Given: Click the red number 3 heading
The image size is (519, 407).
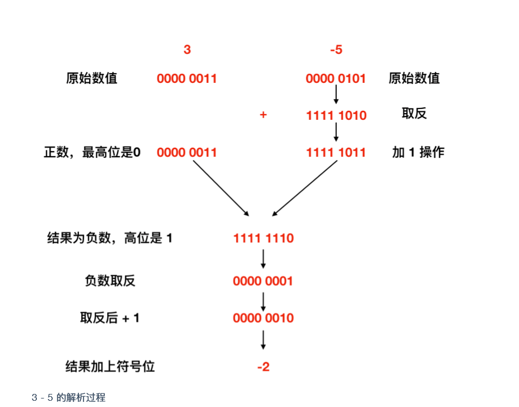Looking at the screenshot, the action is (187, 50).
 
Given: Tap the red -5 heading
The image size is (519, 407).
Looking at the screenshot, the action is (336, 50).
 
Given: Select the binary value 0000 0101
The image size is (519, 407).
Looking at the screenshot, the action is (336, 78).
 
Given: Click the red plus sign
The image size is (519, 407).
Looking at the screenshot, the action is (263, 115).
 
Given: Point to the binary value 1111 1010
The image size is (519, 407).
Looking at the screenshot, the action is (336, 116).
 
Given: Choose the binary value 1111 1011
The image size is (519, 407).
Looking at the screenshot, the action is (336, 153).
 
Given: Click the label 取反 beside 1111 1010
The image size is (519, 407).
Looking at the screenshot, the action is (414, 114).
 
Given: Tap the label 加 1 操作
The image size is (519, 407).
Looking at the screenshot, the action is (418, 152).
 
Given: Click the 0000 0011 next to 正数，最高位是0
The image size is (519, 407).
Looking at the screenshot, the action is (187, 153).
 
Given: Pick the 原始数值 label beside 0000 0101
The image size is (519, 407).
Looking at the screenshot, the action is (414, 78).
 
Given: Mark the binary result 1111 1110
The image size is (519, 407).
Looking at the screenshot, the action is (263, 238).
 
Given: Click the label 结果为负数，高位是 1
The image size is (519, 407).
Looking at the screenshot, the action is (109, 238).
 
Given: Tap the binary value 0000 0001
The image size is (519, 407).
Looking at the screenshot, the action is (263, 281).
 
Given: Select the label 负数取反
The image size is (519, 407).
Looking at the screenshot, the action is (109, 280).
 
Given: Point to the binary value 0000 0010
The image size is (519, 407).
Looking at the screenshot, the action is (263, 318).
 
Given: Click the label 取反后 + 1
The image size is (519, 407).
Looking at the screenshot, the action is (109, 318).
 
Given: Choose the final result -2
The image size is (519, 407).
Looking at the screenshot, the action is (263, 367).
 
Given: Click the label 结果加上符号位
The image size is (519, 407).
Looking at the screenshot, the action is (109, 366).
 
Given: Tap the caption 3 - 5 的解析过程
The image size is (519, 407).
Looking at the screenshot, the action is (69, 397).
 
